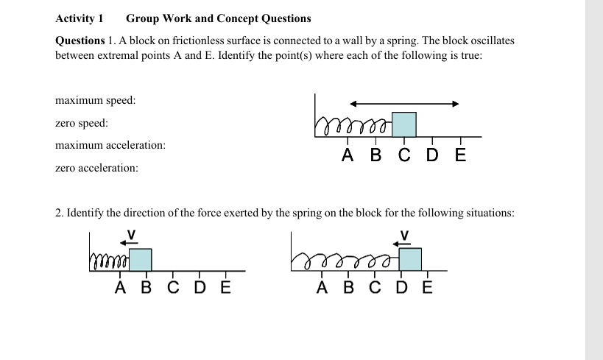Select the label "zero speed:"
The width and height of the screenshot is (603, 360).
(x=82, y=123)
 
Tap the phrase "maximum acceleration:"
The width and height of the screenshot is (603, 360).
(x=110, y=146)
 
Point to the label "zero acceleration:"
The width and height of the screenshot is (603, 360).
(x=96, y=169)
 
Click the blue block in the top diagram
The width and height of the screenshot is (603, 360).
(x=403, y=124)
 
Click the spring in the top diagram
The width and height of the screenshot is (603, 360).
(x=353, y=129)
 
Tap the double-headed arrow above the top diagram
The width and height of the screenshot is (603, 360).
(x=404, y=104)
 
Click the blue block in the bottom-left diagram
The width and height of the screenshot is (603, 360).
(x=141, y=260)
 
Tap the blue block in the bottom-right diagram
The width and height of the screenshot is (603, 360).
(x=410, y=260)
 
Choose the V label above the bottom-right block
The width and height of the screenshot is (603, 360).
(x=403, y=235)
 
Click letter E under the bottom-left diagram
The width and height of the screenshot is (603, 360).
(x=225, y=287)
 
